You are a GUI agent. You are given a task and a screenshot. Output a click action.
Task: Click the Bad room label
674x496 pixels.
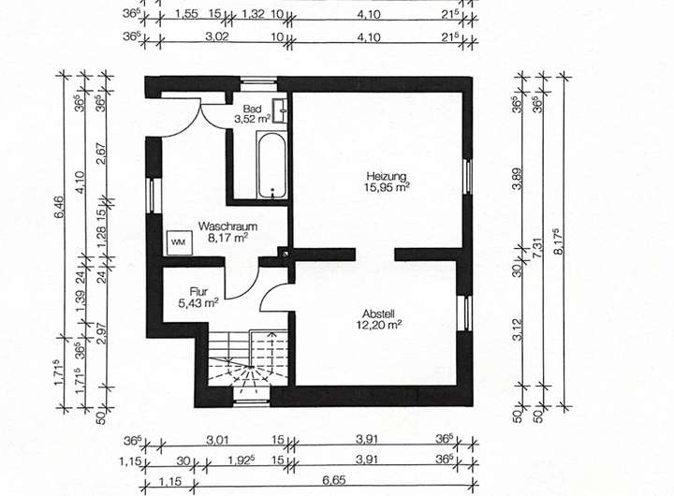(252, 109)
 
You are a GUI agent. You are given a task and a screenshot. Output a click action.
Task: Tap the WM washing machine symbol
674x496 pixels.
(178, 241)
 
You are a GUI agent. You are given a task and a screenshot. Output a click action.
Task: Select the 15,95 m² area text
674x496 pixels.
(388, 186)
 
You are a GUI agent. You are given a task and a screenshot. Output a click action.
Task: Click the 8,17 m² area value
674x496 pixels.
(229, 238)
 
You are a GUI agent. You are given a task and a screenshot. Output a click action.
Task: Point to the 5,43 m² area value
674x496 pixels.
(198, 302)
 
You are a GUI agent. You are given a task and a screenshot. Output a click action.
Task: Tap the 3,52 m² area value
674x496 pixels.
(252, 119)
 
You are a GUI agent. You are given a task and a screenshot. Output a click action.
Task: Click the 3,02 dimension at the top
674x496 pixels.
(215, 36)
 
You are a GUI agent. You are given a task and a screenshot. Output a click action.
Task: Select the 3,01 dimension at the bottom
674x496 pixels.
(217, 437)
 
